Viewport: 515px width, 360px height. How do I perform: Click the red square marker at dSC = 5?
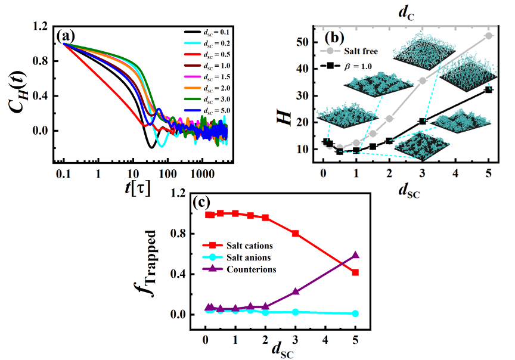pyautogui.click(x=355, y=272)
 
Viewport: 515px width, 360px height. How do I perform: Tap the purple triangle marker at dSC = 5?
pyautogui.click(x=355, y=255)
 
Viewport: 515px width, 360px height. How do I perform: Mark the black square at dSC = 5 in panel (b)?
pyautogui.click(x=488, y=90)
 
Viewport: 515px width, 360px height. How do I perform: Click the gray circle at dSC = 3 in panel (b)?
pyautogui.click(x=423, y=81)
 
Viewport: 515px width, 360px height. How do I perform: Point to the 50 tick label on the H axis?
pyautogui.click(x=304, y=42)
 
